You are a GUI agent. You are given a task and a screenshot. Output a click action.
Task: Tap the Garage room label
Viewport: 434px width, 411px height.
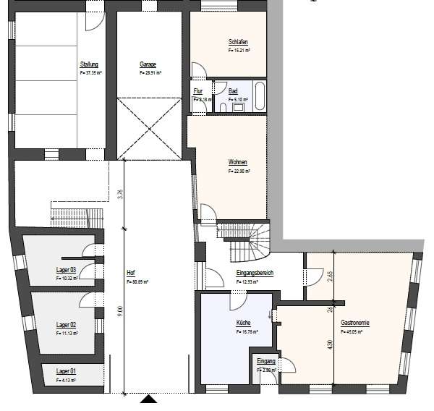click(x=148, y=64)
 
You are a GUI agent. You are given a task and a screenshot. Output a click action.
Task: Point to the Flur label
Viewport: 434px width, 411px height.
click(x=197, y=91)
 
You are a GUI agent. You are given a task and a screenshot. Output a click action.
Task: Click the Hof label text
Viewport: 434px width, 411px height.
click(x=131, y=273)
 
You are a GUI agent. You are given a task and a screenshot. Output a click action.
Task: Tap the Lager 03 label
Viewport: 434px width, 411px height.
click(x=67, y=269)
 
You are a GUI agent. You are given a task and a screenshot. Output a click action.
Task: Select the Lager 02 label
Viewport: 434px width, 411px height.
click(x=67, y=325)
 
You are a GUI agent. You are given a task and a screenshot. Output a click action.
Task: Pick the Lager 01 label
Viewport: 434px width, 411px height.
click(x=67, y=370)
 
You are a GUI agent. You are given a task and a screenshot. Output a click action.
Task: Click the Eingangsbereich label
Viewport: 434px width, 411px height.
click(x=252, y=273)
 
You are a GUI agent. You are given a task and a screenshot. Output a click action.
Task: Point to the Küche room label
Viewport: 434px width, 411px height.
click(x=242, y=324)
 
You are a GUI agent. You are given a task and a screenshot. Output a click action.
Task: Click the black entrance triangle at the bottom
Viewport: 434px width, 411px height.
click(x=148, y=399)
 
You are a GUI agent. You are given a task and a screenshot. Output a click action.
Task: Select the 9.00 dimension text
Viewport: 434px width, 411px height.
click(x=120, y=311)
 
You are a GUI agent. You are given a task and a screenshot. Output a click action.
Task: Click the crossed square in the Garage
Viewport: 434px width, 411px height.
click(x=149, y=128)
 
